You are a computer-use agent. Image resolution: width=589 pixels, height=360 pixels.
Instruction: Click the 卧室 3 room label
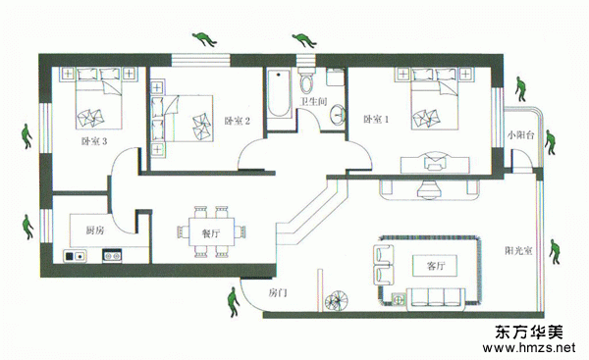tap(94, 141)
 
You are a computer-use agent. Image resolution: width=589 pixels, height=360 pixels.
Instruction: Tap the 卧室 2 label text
tap(237, 121)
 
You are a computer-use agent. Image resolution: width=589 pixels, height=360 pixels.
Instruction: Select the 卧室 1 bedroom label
tap(376, 120)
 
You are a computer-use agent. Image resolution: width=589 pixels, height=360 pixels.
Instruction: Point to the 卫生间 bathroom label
tap(314, 101)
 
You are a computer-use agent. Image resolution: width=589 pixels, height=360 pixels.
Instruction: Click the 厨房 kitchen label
tap(95, 231)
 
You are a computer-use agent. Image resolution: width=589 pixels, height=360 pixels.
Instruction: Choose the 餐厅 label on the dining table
tap(211, 233)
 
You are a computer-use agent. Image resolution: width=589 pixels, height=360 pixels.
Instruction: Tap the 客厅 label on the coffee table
tap(435, 266)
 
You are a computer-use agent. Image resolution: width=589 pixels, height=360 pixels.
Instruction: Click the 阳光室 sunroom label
tap(518, 250)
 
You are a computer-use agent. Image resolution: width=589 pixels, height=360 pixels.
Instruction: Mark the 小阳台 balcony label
tap(520, 135)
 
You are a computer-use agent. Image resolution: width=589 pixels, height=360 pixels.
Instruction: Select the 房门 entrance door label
tap(278, 292)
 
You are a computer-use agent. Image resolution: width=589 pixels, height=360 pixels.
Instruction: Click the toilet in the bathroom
tap(306, 80)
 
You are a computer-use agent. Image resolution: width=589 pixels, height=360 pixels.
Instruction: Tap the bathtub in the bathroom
tap(279, 93)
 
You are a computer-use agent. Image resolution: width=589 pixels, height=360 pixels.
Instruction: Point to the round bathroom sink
tap(338, 114)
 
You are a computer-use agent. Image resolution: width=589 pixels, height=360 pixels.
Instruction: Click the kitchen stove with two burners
tap(112, 256)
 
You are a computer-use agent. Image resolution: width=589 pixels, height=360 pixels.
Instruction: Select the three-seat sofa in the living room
tap(436, 299)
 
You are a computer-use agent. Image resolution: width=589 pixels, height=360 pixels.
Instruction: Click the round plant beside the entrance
tap(337, 301)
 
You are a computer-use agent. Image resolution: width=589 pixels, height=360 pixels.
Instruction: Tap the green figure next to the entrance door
tap(234, 302)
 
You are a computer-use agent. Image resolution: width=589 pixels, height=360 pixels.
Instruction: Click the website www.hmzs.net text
tap(529, 347)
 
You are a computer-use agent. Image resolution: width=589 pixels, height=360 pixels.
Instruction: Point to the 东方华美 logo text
tap(529, 332)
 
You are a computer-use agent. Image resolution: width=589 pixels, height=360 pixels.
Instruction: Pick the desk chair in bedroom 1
tap(435, 161)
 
